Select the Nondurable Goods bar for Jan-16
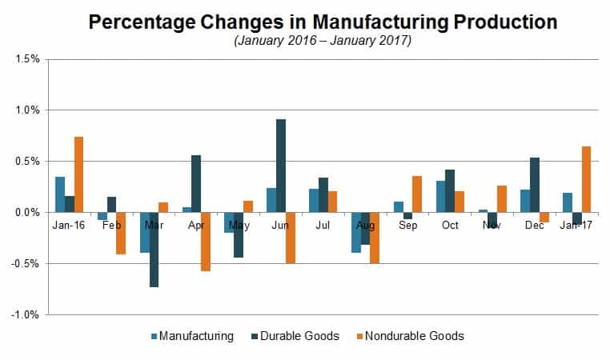pyautogui.click(x=78, y=174)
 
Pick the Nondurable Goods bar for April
pyautogui.click(x=206, y=242)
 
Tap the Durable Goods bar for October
pyautogui.click(x=450, y=191)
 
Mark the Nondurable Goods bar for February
pyautogui.click(x=121, y=233)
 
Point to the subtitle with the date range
pyautogui.click(x=323, y=41)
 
